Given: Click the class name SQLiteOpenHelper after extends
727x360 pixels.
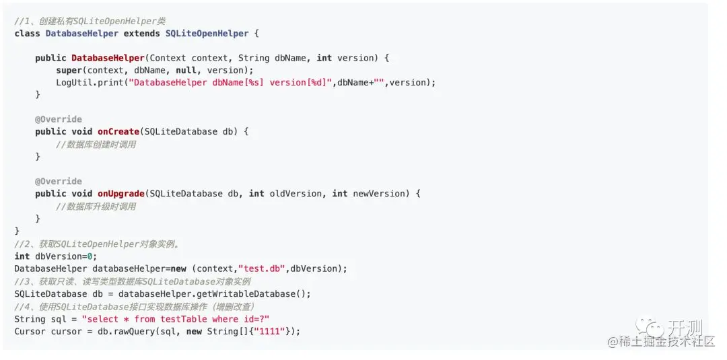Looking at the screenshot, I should [207, 33].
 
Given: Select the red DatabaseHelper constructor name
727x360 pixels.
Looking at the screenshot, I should [108, 58].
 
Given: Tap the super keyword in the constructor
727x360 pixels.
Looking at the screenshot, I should [69, 70].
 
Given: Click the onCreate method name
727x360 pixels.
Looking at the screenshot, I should [118, 131].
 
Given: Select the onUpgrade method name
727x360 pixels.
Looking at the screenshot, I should [120, 194].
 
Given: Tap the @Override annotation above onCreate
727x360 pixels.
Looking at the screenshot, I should [59, 119].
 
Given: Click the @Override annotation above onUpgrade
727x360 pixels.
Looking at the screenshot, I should [59, 181].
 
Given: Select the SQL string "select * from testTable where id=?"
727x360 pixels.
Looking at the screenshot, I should [175, 319].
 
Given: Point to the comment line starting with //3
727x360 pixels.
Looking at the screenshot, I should [132, 281].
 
